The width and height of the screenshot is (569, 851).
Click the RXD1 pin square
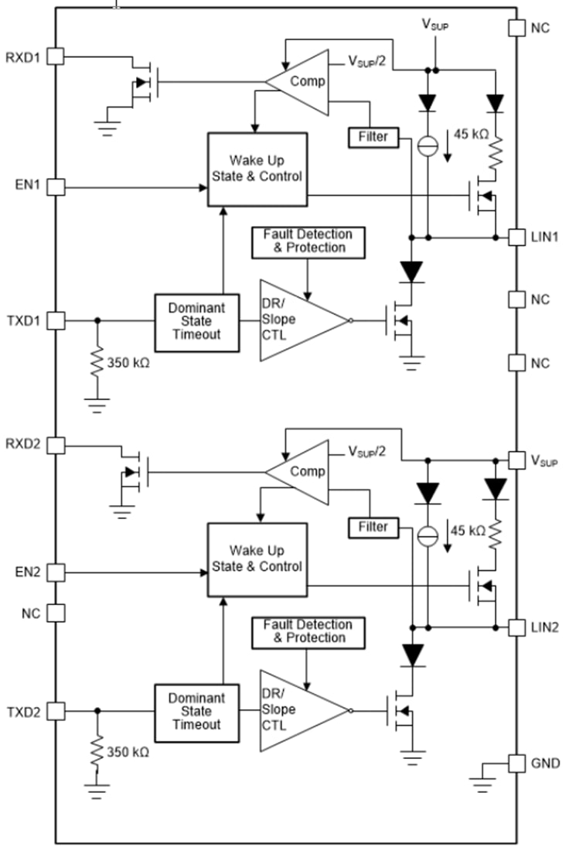[x=56, y=56]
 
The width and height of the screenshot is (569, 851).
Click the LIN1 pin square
[x=516, y=237]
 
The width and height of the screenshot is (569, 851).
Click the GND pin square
[x=516, y=764]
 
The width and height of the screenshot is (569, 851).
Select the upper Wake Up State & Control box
[x=257, y=169]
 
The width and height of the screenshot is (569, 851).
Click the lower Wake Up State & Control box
[x=257, y=559]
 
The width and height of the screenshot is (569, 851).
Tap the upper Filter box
[x=373, y=137]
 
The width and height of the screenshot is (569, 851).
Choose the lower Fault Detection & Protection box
[x=307, y=631]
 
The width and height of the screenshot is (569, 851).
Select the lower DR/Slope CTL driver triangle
[x=298, y=710]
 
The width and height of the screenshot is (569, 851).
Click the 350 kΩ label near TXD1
[x=128, y=361]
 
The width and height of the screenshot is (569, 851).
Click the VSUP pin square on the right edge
[x=516, y=461]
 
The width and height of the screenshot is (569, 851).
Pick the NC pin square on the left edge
[x=56, y=613]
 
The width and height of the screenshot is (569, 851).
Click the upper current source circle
[x=426, y=145]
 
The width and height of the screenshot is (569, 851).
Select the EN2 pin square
[x=56, y=572]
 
